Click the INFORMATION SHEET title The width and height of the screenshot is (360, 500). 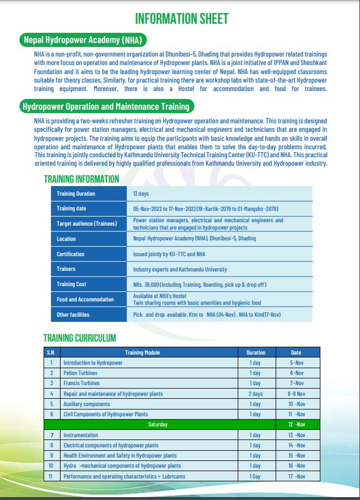182,19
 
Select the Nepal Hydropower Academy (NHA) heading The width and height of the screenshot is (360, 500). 83,40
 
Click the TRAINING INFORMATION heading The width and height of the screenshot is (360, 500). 82,179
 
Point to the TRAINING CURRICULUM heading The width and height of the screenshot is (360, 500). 80,338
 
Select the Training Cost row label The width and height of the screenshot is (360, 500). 71,284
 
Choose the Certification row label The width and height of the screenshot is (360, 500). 71,254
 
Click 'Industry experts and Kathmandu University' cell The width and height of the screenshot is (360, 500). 180,269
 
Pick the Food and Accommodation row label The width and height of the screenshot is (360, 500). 85,299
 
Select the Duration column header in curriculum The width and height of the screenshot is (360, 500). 255,352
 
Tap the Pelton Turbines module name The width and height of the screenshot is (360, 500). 80,373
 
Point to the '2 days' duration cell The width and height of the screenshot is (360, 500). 255,394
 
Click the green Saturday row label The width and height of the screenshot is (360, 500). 157,424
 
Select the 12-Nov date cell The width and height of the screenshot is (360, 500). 297,424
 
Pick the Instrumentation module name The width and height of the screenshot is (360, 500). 80,435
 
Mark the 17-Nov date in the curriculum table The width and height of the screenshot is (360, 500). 297,476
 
